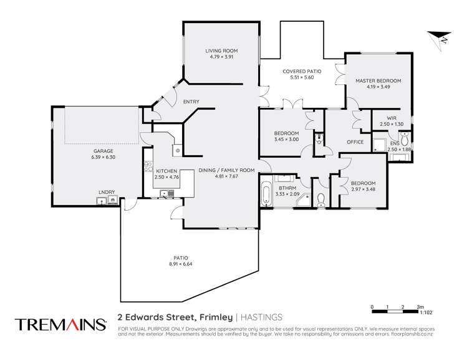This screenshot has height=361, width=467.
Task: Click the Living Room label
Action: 222,51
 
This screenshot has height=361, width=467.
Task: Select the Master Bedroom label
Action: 378,81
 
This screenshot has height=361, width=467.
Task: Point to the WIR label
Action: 392,117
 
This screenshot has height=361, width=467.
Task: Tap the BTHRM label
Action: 287,188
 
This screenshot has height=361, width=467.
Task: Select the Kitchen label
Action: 166,171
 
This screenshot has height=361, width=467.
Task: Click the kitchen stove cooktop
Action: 148,166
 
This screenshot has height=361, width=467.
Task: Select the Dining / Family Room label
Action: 227,170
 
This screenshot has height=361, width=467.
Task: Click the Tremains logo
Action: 60,324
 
